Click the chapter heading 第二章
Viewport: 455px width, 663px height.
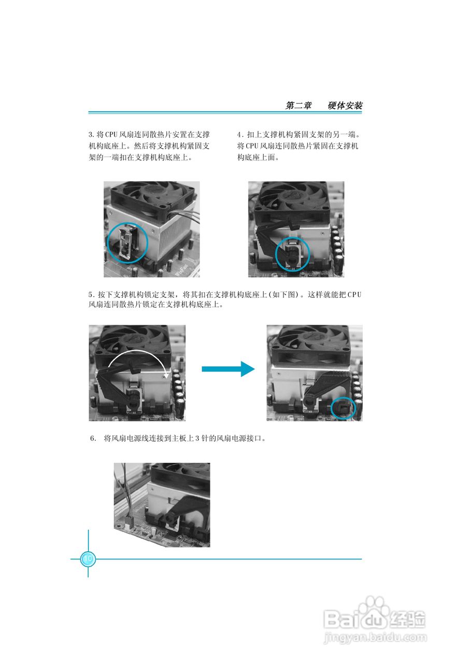tap(298, 106)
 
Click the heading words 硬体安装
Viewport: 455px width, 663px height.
tap(345, 106)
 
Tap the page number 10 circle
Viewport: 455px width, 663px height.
tap(88, 559)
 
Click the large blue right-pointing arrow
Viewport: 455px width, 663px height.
tap(228, 369)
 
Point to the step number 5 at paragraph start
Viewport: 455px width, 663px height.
tap(91, 295)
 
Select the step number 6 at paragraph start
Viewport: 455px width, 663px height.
tap(93, 438)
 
